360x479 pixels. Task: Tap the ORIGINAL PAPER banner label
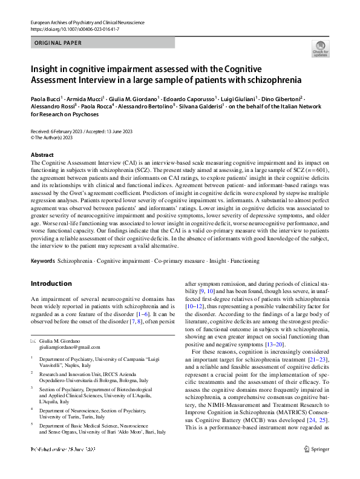pos(57,43)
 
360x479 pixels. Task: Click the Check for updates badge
pos(320,48)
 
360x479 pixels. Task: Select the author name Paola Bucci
pos(48,97)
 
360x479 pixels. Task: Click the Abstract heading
pos(42,155)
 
